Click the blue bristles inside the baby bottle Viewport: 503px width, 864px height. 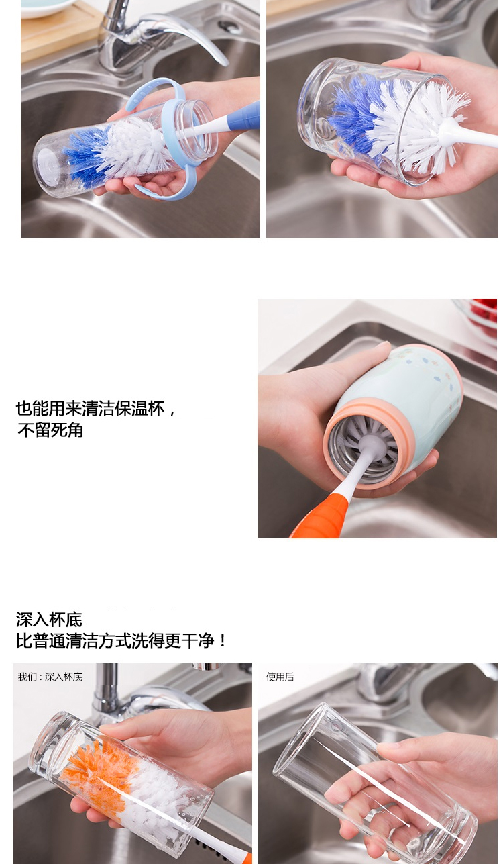84,154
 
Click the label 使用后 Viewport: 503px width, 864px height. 280,677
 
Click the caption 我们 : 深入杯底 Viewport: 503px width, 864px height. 50,677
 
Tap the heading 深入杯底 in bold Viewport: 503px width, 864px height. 49,620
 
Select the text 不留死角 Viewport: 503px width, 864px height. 50,430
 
